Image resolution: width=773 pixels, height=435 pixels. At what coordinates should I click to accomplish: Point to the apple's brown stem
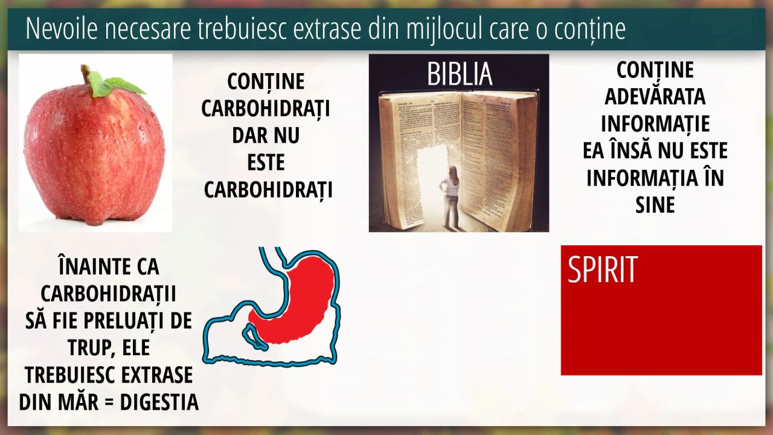click(x=86, y=73)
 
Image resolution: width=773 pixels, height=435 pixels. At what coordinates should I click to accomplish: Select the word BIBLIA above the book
click(x=460, y=74)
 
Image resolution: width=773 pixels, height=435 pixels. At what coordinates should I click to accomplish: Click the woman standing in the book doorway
click(x=450, y=196)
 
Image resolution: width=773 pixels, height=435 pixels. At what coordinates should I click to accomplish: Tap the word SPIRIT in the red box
click(x=602, y=269)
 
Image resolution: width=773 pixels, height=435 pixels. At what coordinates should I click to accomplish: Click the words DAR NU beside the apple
click(x=266, y=135)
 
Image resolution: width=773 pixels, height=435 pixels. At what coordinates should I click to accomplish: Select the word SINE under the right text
click(x=655, y=205)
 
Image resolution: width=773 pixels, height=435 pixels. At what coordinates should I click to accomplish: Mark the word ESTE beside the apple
click(x=266, y=163)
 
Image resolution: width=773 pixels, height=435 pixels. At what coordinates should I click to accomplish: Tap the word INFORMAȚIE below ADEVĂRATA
click(x=655, y=124)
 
